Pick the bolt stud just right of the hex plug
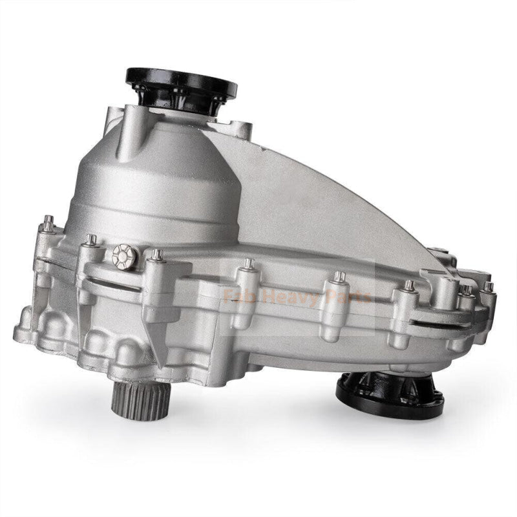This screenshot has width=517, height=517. [x=156, y=257]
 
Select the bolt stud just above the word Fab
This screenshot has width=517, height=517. [x=249, y=264]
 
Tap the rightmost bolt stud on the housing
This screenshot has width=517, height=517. [x=489, y=287]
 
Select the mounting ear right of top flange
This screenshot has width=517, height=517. [x=243, y=129]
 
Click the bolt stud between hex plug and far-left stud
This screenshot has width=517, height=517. [x=91, y=242]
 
